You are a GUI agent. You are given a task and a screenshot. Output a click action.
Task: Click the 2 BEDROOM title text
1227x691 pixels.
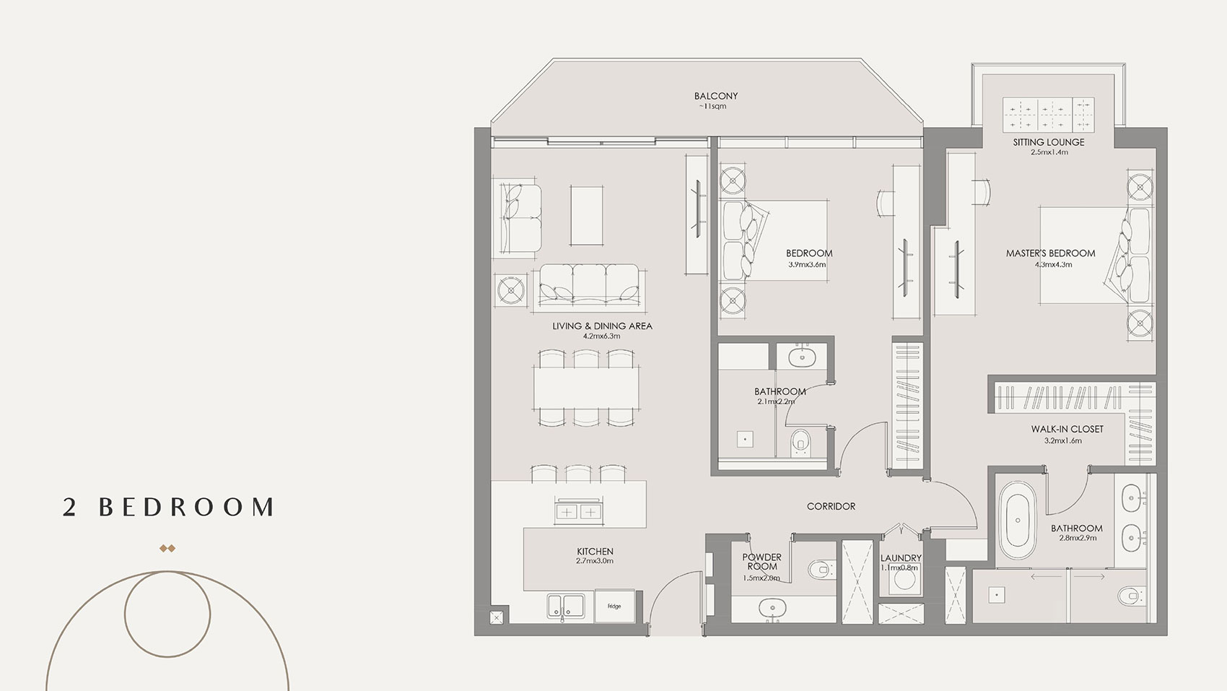click(169, 507)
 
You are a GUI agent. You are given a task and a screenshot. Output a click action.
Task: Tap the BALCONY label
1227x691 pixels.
click(715, 96)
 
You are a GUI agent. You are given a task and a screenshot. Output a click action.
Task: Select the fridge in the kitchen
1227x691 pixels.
click(613, 606)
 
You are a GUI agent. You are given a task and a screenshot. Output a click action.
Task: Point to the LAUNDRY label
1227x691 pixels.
click(901, 558)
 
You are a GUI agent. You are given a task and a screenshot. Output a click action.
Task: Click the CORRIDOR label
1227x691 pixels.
click(831, 506)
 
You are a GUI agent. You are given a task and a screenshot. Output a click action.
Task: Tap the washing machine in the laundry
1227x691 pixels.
click(901, 583)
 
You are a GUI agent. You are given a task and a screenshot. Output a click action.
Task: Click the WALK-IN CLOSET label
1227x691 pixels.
click(1067, 429)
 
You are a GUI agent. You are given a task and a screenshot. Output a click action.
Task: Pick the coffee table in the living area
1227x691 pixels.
click(587, 215)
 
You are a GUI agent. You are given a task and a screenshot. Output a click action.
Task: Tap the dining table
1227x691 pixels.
click(587, 388)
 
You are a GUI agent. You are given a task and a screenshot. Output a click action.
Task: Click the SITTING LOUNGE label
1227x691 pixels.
click(1048, 142)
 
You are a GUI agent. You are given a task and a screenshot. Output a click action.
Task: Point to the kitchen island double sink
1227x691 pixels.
click(578, 511)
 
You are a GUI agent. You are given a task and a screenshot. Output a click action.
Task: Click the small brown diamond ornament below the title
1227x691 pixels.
click(167, 549)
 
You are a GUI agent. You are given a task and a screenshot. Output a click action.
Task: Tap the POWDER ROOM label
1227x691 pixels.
click(761, 562)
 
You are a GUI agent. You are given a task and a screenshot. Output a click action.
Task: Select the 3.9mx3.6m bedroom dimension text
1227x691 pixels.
click(807, 264)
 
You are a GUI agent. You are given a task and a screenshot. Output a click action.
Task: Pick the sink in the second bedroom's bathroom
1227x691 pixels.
click(801, 357)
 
